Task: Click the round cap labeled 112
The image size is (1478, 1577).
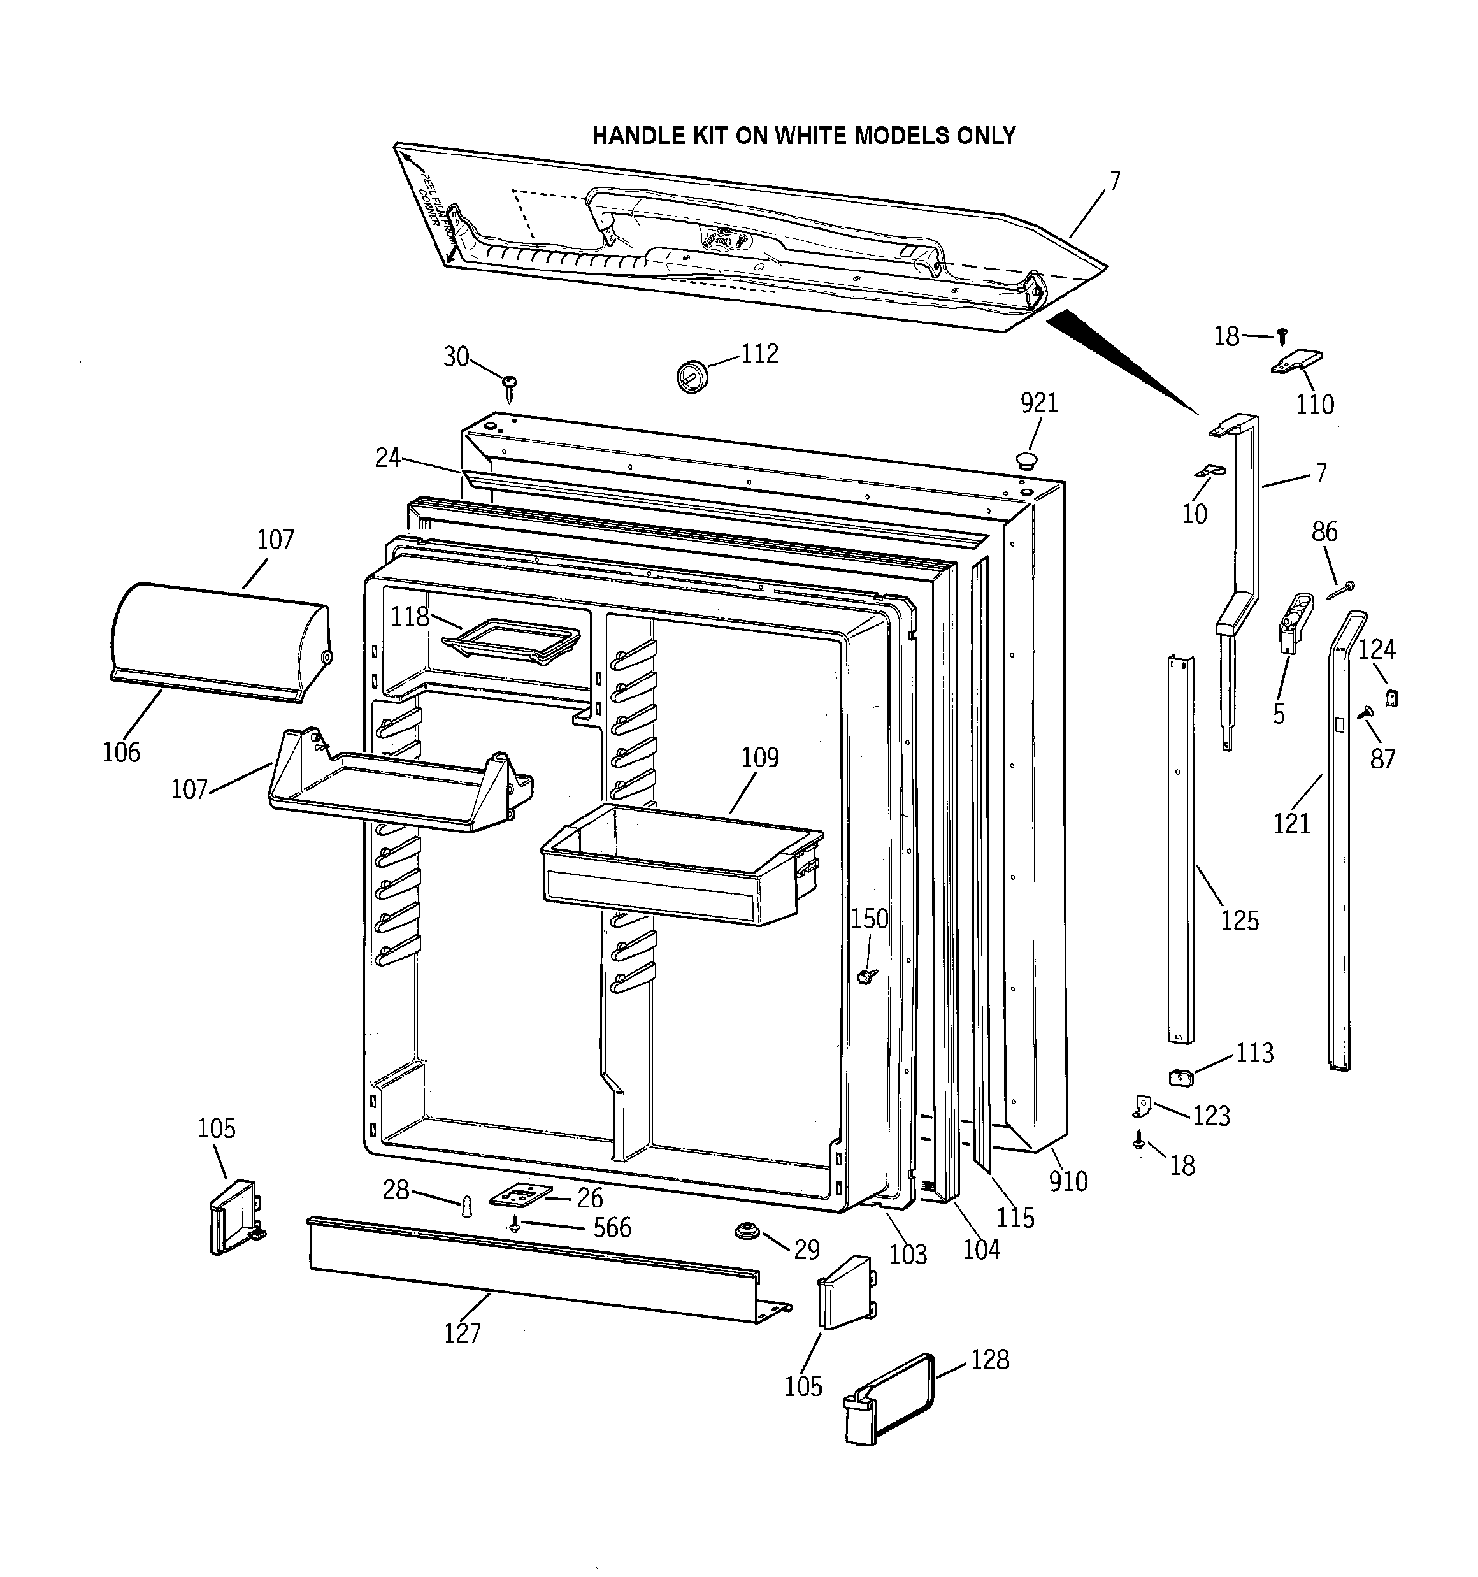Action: [692, 375]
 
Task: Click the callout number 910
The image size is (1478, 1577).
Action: [1068, 1181]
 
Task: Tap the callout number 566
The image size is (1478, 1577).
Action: [612, 1227]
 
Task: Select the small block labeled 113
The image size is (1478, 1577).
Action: [1182, 1076]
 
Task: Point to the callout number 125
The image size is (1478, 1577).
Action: [1239, 920]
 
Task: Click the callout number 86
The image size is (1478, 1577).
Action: [1324, 531]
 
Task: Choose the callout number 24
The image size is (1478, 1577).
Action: [387, 457]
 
